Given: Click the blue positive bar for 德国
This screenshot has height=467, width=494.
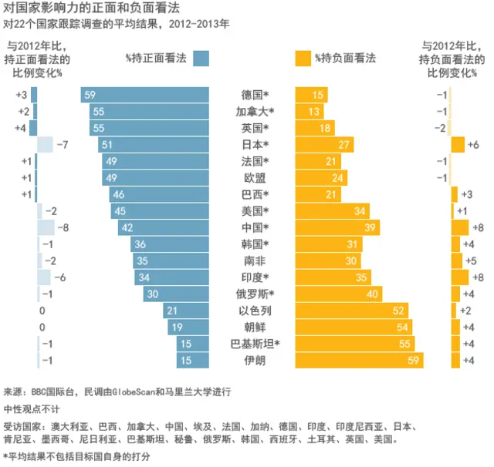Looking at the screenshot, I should (x=147, y=95).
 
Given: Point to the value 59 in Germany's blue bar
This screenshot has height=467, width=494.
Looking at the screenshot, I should (x=90, y=95).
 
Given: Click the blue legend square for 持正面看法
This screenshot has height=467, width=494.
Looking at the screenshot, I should (x=201, y=59).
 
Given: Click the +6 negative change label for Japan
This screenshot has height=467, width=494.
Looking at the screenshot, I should (x=473, y=145).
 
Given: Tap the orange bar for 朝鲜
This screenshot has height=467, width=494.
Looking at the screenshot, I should (x=354, y=327).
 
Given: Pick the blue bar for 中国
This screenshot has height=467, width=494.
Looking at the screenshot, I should (x=164, y=227).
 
